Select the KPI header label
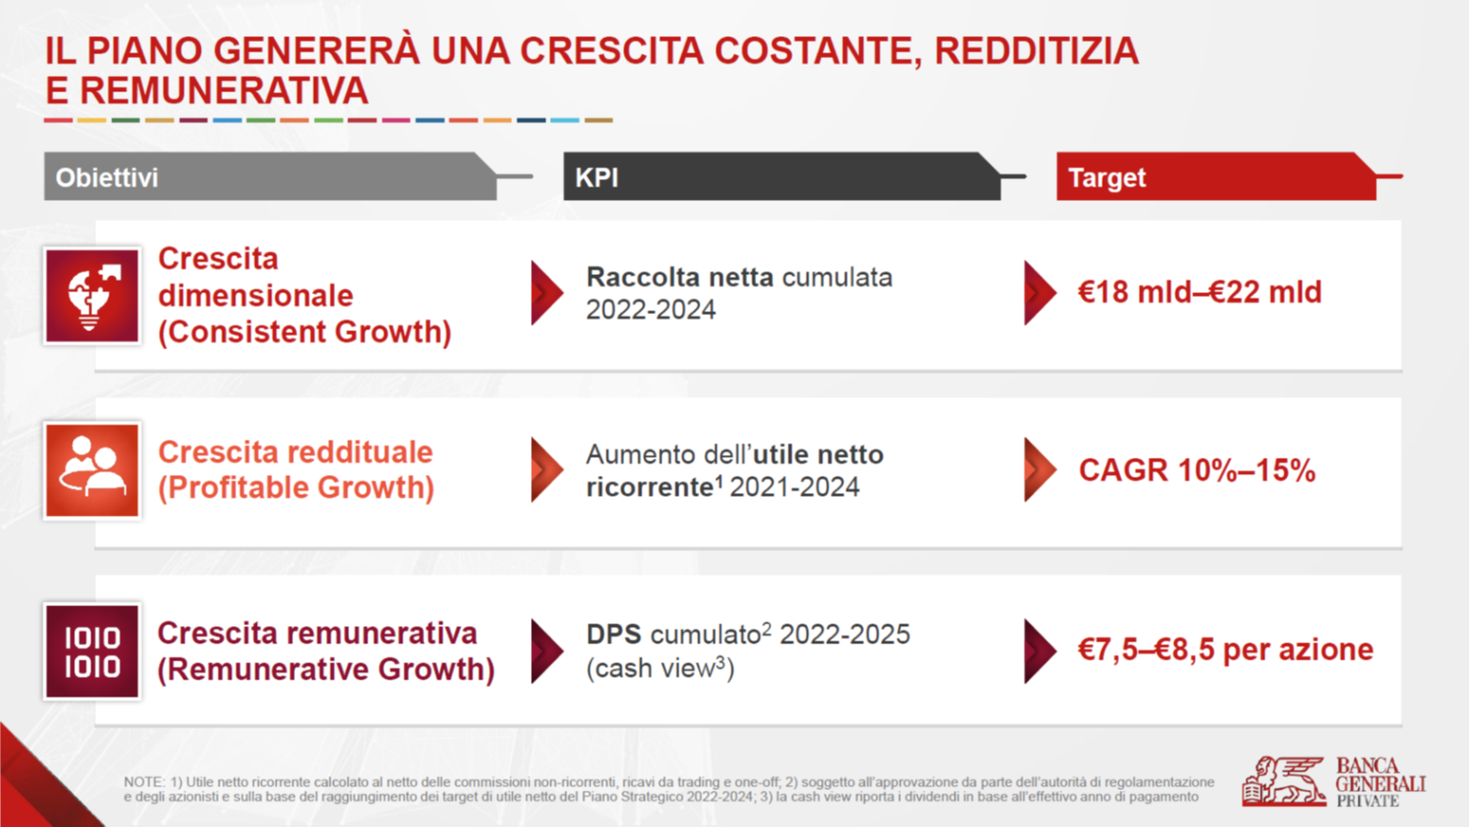point(597,178)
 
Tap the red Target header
point(1216,176)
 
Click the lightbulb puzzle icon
point(91,296)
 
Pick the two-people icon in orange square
point(91,470)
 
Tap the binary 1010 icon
point(91,651)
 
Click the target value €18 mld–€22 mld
point(1200,292)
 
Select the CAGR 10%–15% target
point(1197,470)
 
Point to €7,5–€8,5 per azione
point(1225,650)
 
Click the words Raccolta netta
point(680,278)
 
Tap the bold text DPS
point(613,634)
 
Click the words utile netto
point(818,455)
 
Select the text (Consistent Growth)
point(305,332)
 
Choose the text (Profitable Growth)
point(297,488)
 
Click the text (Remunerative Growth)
point(326,670)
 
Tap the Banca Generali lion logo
point(1283,781)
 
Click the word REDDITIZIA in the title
point(1036,51)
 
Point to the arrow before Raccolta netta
point(547,292)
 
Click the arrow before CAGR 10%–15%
point(1040,469)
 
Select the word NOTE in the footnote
point(145,782)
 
